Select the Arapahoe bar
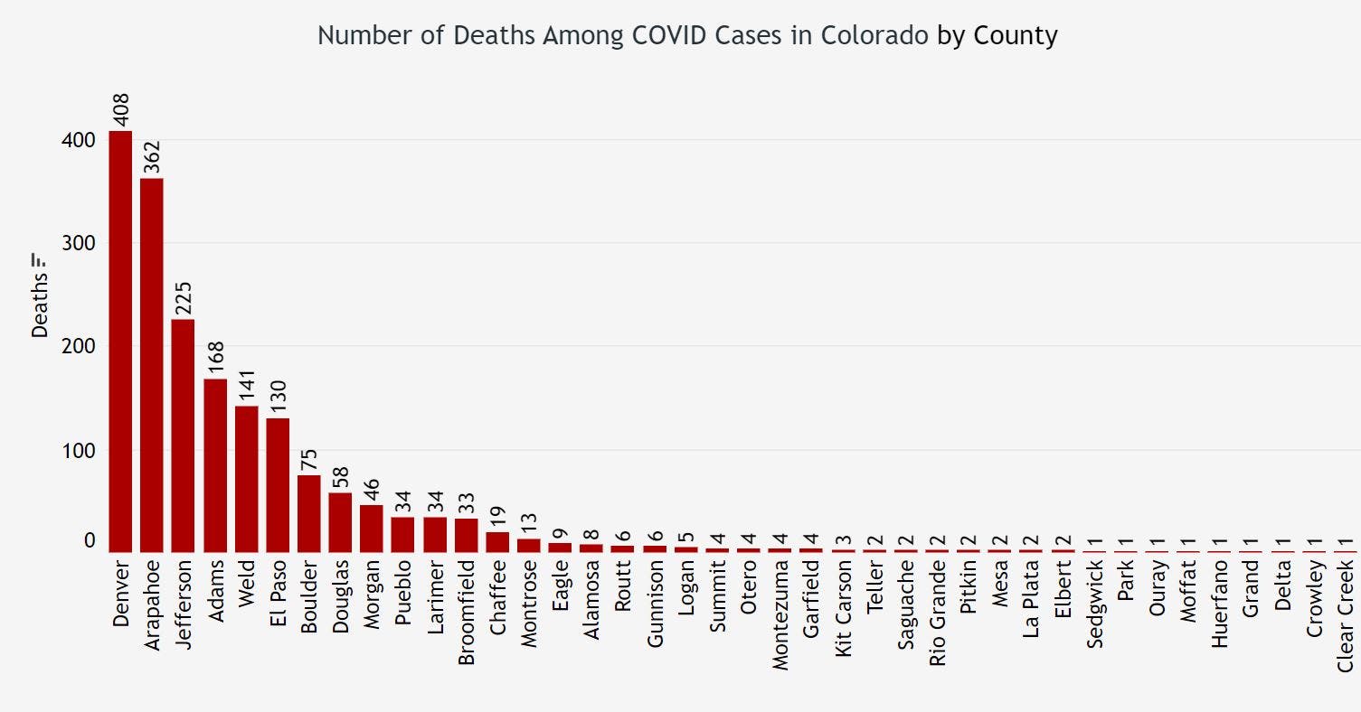click(x=152, y=365)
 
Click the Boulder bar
click(x=308, y=513)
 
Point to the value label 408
click(x=120, y=109)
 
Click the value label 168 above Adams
click(x=214, y=358)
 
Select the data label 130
click(x=277, y=397)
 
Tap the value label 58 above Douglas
click(x=340, y=477)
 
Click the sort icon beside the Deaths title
click(x=40, y=261)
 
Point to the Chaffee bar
click(x=497, y=542)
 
